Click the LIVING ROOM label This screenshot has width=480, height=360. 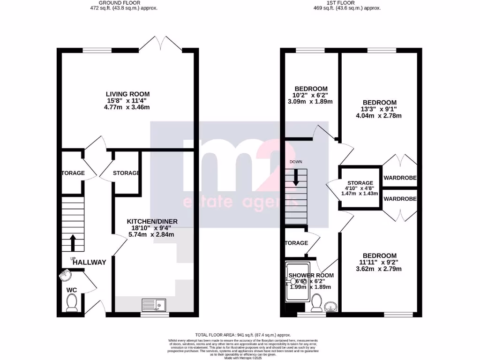click(x=127, y=94)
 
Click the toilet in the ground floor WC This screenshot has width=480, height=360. click(x=72, y=305)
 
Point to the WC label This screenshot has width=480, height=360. click(x=71, y=290)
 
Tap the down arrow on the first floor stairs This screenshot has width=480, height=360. click(x=296, y=177)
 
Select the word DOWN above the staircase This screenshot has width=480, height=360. click(x=296, y=162)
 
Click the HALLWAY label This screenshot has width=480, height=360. click(x=90, y=262)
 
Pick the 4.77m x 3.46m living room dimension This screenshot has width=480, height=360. click(x=127, y=107)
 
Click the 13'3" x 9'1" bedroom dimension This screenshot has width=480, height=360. click(x=380, y=109)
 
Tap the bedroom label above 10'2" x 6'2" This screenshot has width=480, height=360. click(x=311, y=89)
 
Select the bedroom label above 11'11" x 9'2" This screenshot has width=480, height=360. click(x=380, y=255)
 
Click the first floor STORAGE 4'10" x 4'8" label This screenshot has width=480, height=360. click(x=360, y=183)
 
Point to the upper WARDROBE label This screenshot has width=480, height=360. click(x=400, y=178)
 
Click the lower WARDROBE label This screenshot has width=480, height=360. click(x=400, y=199)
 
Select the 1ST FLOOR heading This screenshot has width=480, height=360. click(x=347, y=2)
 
